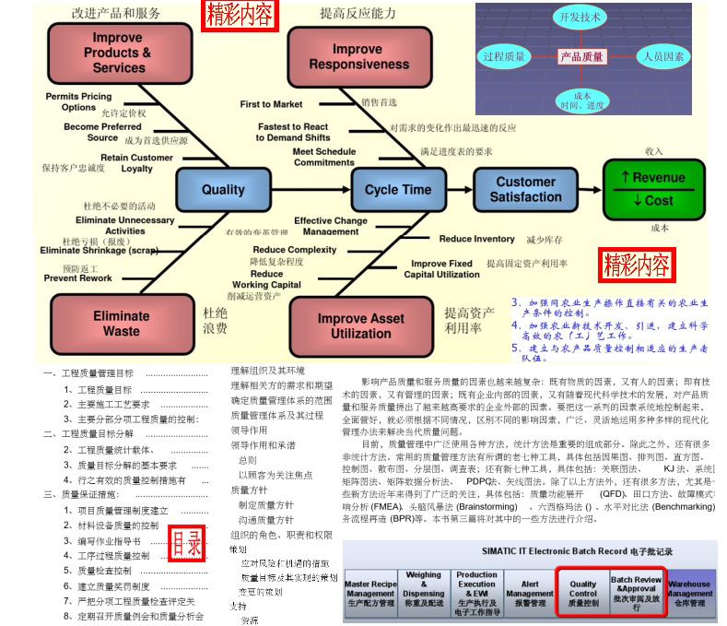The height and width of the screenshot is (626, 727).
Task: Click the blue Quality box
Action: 223,190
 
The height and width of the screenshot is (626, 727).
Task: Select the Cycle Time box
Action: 397,190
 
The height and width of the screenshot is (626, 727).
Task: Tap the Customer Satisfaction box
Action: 525,189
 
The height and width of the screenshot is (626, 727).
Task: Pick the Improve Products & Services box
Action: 118,53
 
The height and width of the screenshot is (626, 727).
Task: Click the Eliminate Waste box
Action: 120,323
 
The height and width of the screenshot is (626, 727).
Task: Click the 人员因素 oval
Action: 663,56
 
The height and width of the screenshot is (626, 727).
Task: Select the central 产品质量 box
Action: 582,56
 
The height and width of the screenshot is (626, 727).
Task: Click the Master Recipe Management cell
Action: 369,594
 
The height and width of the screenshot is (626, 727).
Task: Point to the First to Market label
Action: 271,104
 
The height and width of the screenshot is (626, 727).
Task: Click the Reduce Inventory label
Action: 476,239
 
